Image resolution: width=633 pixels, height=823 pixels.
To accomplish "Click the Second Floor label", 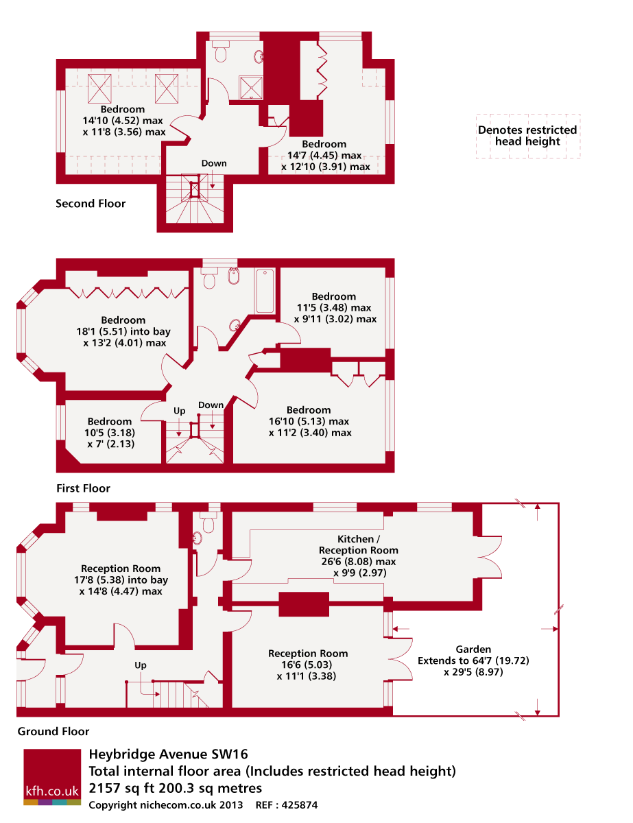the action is point(91,204).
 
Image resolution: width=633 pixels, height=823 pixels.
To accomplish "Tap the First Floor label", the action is point(83,488).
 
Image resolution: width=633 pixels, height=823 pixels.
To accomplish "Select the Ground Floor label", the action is point(53,731).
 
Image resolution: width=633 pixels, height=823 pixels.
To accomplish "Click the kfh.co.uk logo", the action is point(52,777).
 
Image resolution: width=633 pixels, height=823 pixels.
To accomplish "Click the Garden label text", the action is point(473,649).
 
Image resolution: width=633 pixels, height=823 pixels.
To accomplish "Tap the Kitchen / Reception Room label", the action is point(359,545).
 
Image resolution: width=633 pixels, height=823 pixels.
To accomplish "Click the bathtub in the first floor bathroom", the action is point(265,291).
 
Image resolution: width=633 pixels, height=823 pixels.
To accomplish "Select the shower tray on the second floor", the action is point(250,88).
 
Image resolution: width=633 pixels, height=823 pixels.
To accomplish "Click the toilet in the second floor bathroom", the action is point(221,52).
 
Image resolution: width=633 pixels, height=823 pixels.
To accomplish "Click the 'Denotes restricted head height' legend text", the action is point(527,136).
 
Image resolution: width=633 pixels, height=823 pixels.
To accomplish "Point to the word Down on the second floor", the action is point(214,163).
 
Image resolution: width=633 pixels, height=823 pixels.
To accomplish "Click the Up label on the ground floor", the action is point(141,665).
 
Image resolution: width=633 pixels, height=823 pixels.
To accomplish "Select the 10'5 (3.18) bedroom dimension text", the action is point(110,433).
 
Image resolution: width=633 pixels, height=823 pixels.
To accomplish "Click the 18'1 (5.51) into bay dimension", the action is point(123,331).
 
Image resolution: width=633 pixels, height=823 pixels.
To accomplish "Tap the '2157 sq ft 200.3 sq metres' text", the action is point(176,788).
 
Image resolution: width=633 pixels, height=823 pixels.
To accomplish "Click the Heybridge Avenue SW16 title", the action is point(169,754).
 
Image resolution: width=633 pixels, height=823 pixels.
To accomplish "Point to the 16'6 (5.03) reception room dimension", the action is point(307,665).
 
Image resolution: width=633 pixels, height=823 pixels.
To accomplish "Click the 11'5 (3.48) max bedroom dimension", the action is point(334,307).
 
